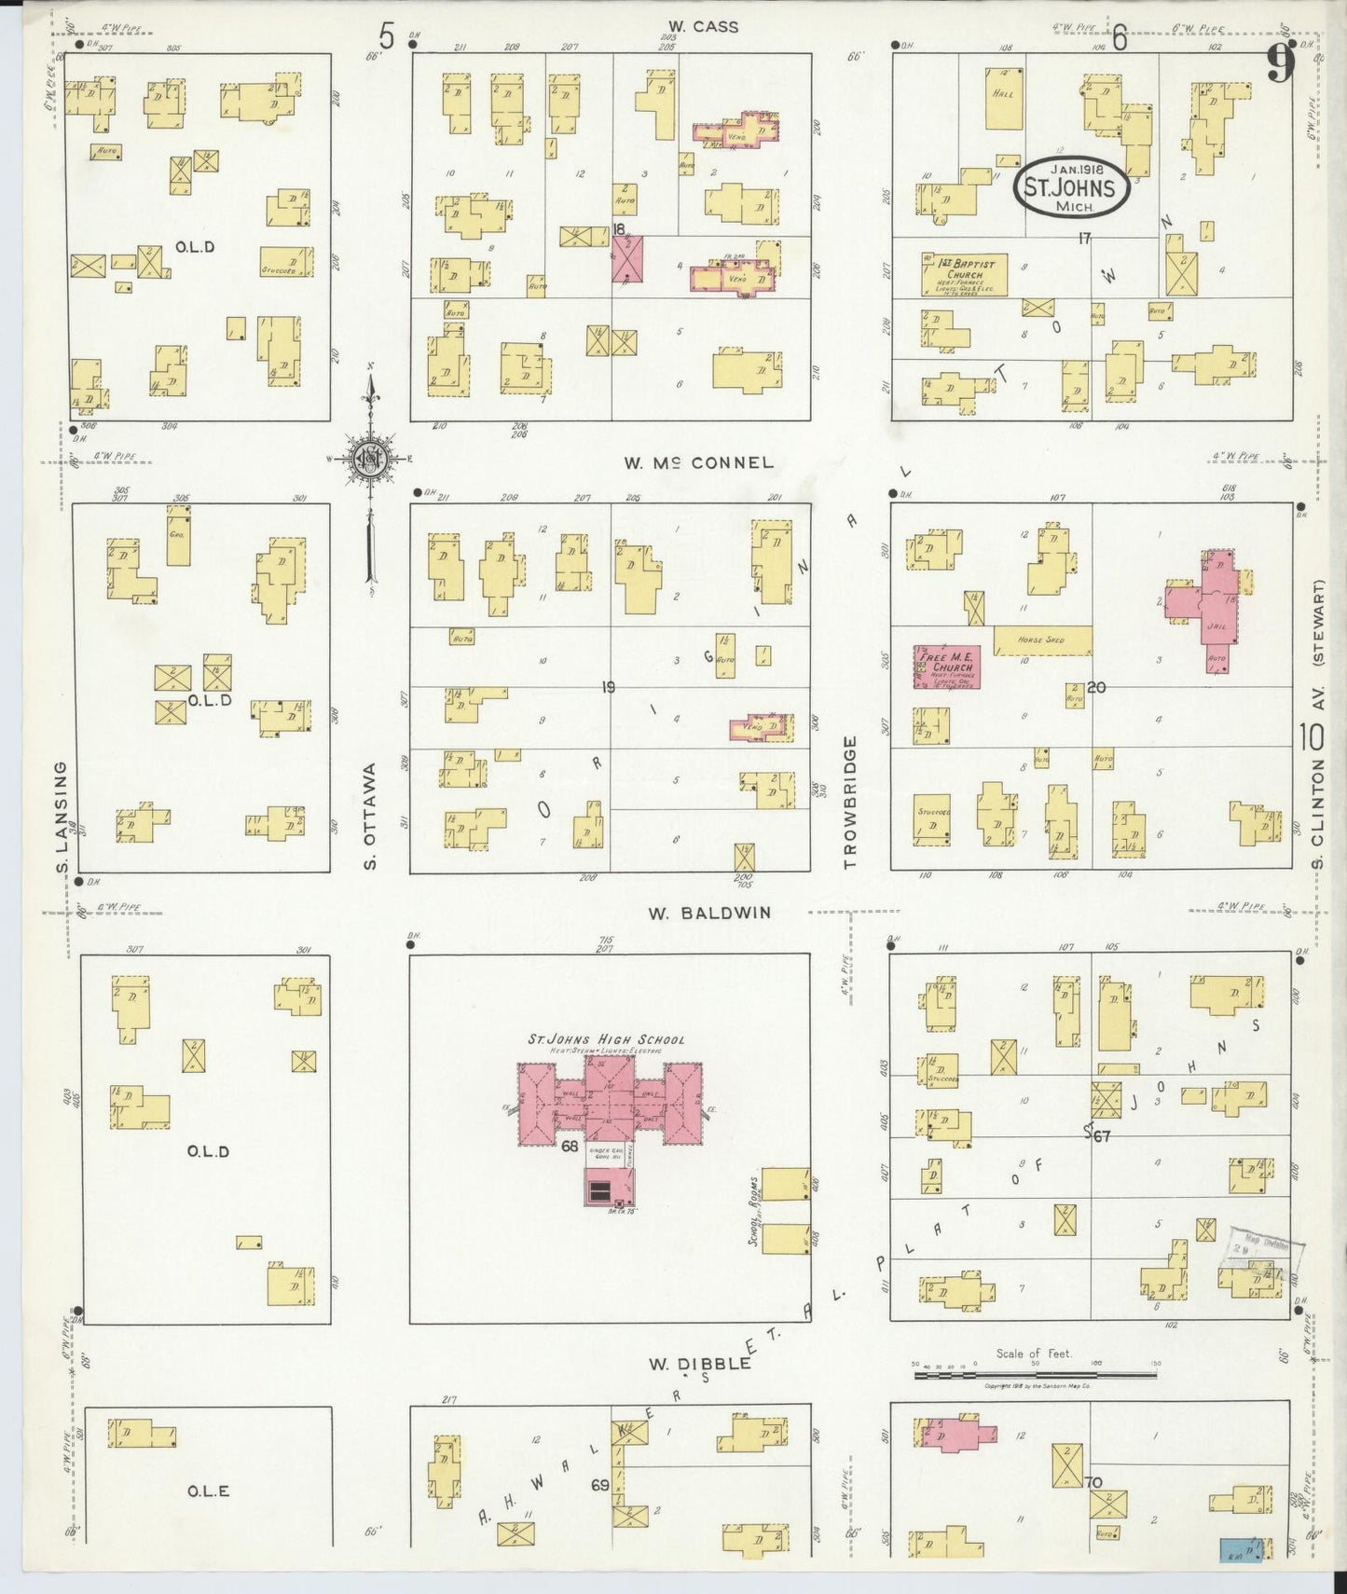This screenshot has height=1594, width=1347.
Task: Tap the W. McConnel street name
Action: [x=698, y=462]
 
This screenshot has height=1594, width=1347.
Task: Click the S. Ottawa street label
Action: [x=370, y=817]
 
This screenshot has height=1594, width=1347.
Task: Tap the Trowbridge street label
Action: [x=849, y=803]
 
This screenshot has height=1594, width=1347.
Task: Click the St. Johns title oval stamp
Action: [x=1071, y=186]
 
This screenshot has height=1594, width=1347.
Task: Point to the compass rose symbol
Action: [x=370, y=458]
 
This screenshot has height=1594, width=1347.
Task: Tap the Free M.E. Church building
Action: [x=946, y=666]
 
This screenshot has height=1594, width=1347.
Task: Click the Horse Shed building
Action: [x=1042, y=639]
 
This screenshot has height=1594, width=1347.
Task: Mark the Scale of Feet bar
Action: [x=1035, y=1374]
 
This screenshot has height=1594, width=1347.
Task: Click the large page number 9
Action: [x=1281, y=65]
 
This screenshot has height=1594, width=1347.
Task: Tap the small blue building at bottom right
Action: [x=1234, y=1550]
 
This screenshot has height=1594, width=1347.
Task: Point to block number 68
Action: [x=570, y=1146]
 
